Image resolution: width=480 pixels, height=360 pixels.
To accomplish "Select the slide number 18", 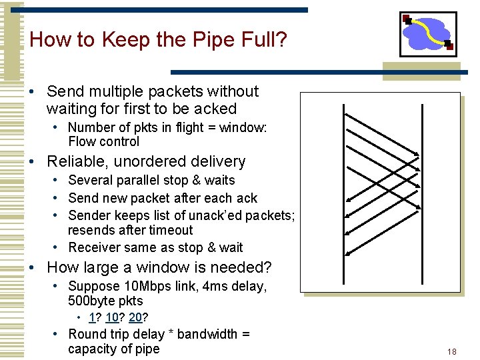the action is (452, 351).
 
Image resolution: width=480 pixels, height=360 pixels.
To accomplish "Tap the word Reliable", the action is (75, 162).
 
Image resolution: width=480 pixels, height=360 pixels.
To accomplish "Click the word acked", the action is (214, 109).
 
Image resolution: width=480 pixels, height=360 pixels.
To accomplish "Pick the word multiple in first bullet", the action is (117, 91).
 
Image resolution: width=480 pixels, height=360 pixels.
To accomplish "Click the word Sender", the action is (89, 215).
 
